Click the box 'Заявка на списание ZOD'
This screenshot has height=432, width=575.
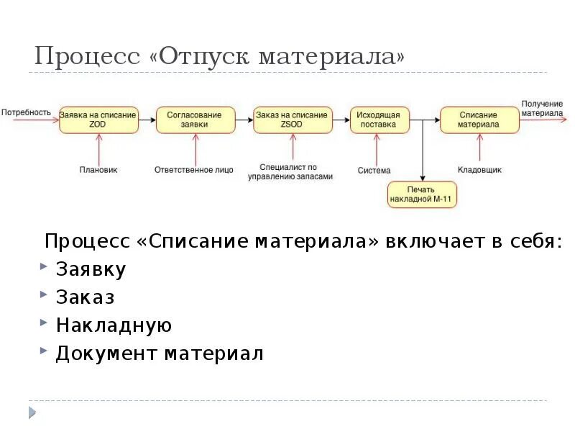[98, 120]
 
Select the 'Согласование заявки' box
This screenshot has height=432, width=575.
[195, 120]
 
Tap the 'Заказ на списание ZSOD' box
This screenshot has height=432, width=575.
[293, 120]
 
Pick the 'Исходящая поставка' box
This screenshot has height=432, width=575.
[379, 120]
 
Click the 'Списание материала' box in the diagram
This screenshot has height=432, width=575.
[479, 120]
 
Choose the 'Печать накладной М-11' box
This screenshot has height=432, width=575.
[423, 194]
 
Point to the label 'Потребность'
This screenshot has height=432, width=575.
[26, 112]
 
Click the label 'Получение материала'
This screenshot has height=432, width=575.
[542, 109]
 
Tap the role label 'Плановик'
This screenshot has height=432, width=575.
[98, 170]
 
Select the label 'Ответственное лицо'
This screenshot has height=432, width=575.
[194, 170]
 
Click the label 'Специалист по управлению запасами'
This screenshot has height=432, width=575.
[291, 171]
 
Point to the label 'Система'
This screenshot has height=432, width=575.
[374, 171]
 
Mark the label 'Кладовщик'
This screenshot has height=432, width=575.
[479, 170]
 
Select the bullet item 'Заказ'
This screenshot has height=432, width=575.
[85, 297]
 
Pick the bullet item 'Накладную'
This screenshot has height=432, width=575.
[114, 325]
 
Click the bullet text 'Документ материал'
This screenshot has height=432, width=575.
[160, 354]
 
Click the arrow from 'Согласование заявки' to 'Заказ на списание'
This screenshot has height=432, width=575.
[244, 120]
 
